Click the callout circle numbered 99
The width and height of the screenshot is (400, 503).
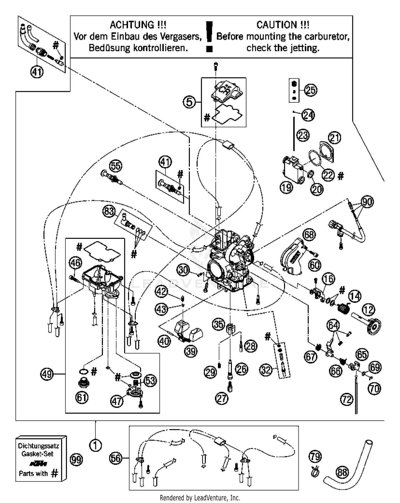tap(76, 460)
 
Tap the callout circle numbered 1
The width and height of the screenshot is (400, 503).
tap(95, 445)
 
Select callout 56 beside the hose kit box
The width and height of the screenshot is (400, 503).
tap(116, 458)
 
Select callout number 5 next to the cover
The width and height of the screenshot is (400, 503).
tap(189, 102)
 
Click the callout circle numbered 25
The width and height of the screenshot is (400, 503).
tap(310, 90)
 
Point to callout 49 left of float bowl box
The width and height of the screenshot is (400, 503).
tap(47, 374)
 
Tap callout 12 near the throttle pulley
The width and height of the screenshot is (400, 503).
tap(368, 310)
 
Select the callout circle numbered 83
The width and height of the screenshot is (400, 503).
tap(109, 212)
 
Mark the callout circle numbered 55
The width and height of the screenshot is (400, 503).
tap(116, 166)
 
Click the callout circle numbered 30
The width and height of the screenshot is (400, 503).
tap(183, 270)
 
